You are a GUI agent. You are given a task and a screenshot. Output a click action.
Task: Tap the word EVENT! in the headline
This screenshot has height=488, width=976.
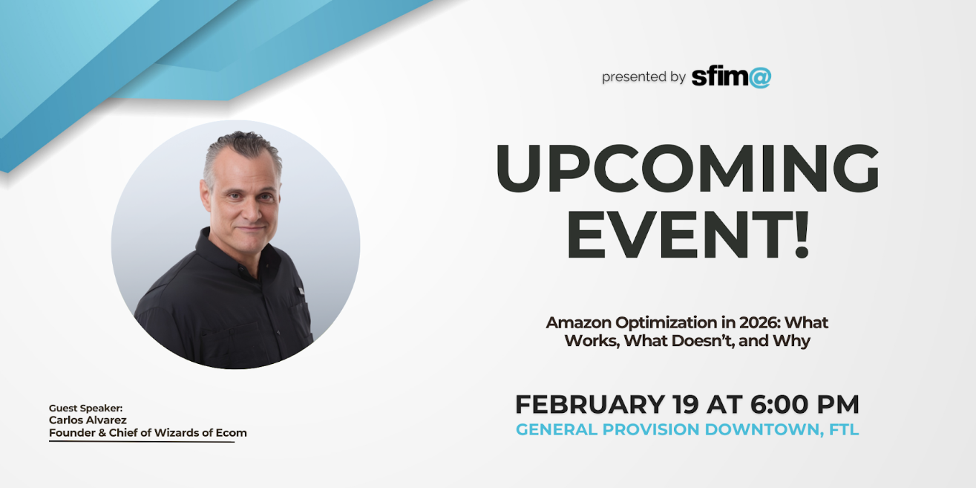pyautogui.click(x=687, y=234)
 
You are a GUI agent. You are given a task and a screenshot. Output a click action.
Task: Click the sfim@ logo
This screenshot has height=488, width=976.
pyautogui.click(x=730, y=77)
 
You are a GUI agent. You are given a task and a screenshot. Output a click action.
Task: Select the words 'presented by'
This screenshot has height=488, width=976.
pyautogui.click(x=643, y=77)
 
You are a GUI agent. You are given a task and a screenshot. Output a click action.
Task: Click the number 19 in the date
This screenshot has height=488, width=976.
pyautogui.click(x=687, y=405)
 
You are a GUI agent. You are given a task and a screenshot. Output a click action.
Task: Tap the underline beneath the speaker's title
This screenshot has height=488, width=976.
pyautogui.click(x=141, y=442)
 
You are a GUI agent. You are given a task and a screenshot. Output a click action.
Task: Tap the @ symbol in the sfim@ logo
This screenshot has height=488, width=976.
pyautogui.click(x=759, y=77)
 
